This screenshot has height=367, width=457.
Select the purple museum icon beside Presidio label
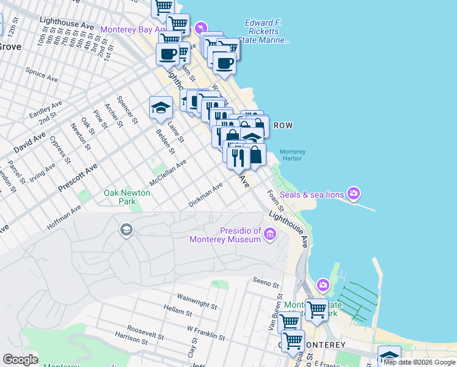270,234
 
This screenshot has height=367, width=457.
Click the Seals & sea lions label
312,195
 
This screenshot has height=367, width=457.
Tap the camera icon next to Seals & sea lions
354,195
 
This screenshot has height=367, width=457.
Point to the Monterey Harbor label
293,155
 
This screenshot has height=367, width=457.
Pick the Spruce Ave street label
42,75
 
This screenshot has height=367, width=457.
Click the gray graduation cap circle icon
126,230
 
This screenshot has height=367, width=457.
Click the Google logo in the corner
20,360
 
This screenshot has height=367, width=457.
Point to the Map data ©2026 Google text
419,362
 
